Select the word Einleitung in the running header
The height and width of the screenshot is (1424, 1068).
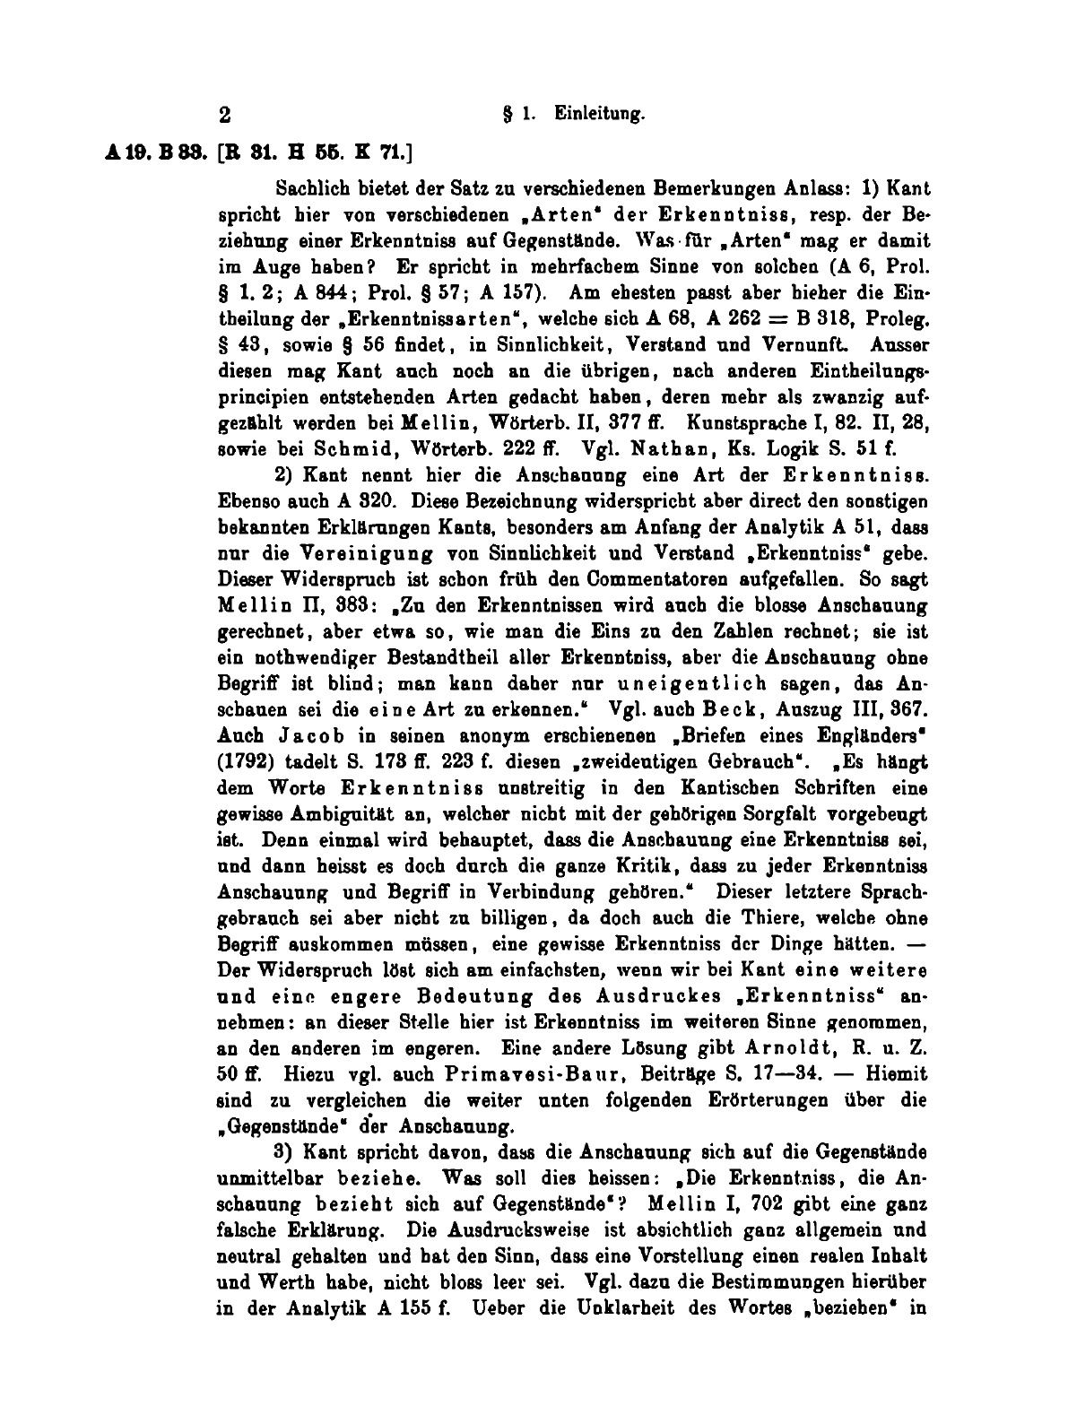(x=600, y=114)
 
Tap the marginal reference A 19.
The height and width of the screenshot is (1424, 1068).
(x=118, y=153)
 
